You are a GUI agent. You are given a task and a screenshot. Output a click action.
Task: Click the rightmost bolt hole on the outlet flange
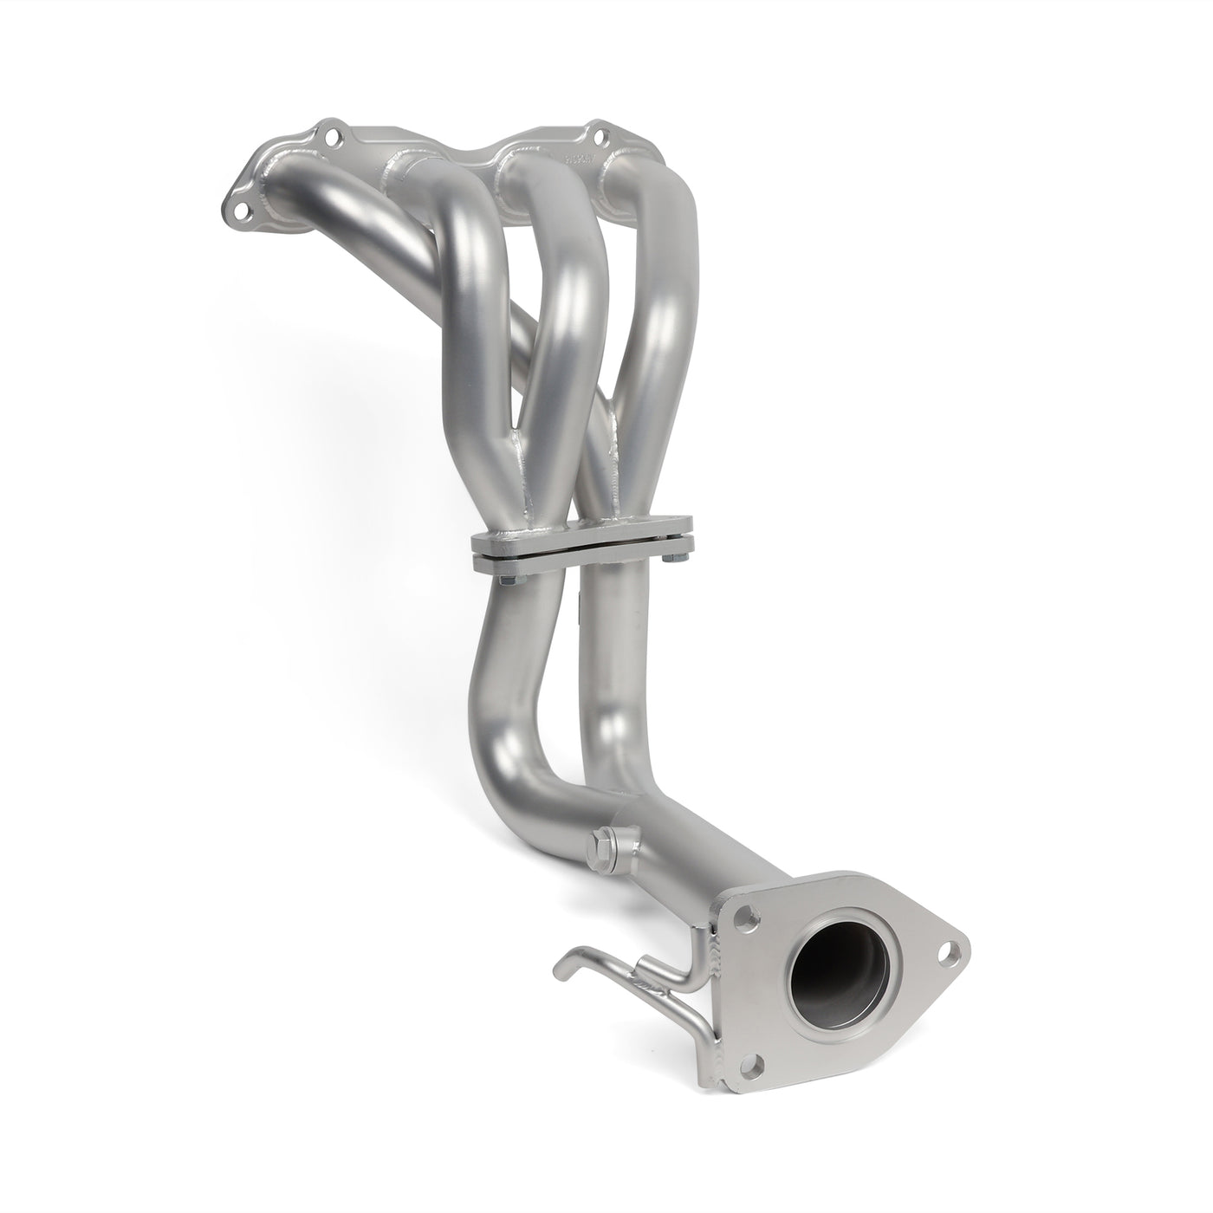950,950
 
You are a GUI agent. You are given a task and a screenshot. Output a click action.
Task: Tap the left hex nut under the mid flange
502,574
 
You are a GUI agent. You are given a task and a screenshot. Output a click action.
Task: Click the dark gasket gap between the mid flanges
581,548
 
